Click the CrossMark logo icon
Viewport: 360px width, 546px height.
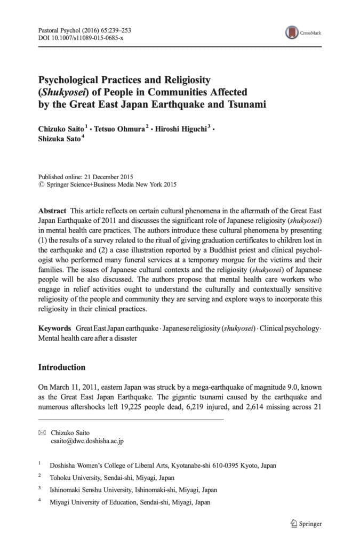pos(292,33)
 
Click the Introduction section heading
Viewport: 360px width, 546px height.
pos(61,367)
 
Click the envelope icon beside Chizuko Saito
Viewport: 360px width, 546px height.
pos(42,432)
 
